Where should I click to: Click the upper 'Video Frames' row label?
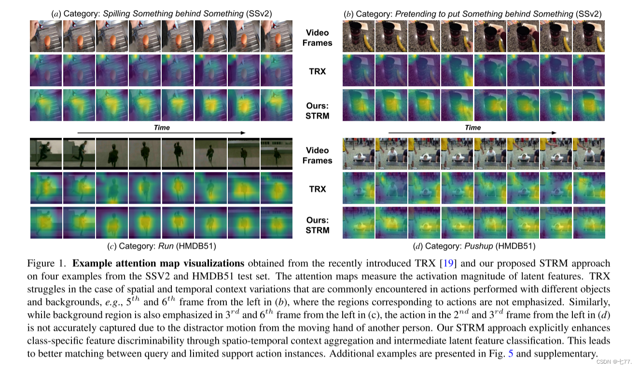[x=317, y=38]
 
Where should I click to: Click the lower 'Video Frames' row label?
[x=317, y=156]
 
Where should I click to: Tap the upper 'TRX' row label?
[x=317, y=71]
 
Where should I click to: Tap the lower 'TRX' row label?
[x=317, y=189]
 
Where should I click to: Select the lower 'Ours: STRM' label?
[x=317, y=225]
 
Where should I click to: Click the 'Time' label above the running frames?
[x=162, y=127]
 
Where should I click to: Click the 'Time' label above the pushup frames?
[x=472, y=127]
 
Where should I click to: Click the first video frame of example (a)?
[x=46, y=36]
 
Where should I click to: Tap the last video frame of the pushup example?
[x=588, y=154]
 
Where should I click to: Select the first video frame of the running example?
[x=46, y=154]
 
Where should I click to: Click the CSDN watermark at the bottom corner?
[x=613, y=362]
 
